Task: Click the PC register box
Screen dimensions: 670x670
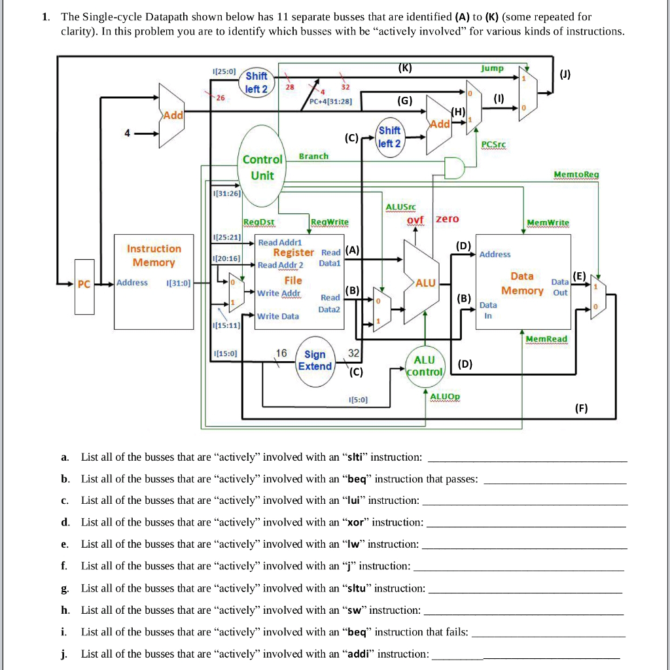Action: (x=83, y=284)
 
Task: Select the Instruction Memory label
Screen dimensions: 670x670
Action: (x=154, y=256)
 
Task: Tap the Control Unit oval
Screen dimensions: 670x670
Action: (x=262, y=167)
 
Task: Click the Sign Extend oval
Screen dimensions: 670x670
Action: (x=315, y=360)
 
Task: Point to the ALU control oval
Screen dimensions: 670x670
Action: (x=425, y=366)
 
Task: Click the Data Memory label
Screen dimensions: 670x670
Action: (x=522, y=283)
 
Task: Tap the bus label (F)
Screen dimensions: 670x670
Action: (x=581, y=409)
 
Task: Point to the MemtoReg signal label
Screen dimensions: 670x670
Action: (x=576, y=175)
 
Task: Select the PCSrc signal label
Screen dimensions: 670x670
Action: (x=495, y=144)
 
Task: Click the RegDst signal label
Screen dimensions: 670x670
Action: (x=258, y=222)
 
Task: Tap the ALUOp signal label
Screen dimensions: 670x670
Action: (x=445, y=397)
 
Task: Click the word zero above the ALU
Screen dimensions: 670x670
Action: (x=448, y=219)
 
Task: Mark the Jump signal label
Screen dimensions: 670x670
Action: (x=492, y=68)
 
